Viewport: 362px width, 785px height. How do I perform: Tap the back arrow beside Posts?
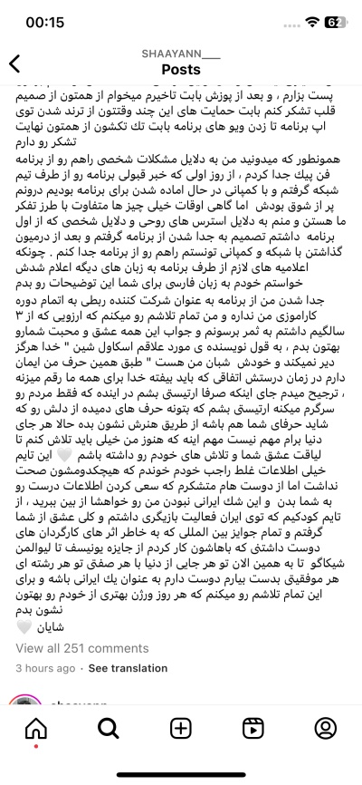14,63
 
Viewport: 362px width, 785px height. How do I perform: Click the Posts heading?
181,70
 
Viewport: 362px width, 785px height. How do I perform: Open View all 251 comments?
82,648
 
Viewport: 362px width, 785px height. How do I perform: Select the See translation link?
128,668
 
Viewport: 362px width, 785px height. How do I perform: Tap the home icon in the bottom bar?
36,728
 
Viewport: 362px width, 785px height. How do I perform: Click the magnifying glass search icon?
109,728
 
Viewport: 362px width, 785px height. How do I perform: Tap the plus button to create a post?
181,728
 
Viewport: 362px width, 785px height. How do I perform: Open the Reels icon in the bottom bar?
253,728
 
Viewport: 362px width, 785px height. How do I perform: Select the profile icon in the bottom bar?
326,728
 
